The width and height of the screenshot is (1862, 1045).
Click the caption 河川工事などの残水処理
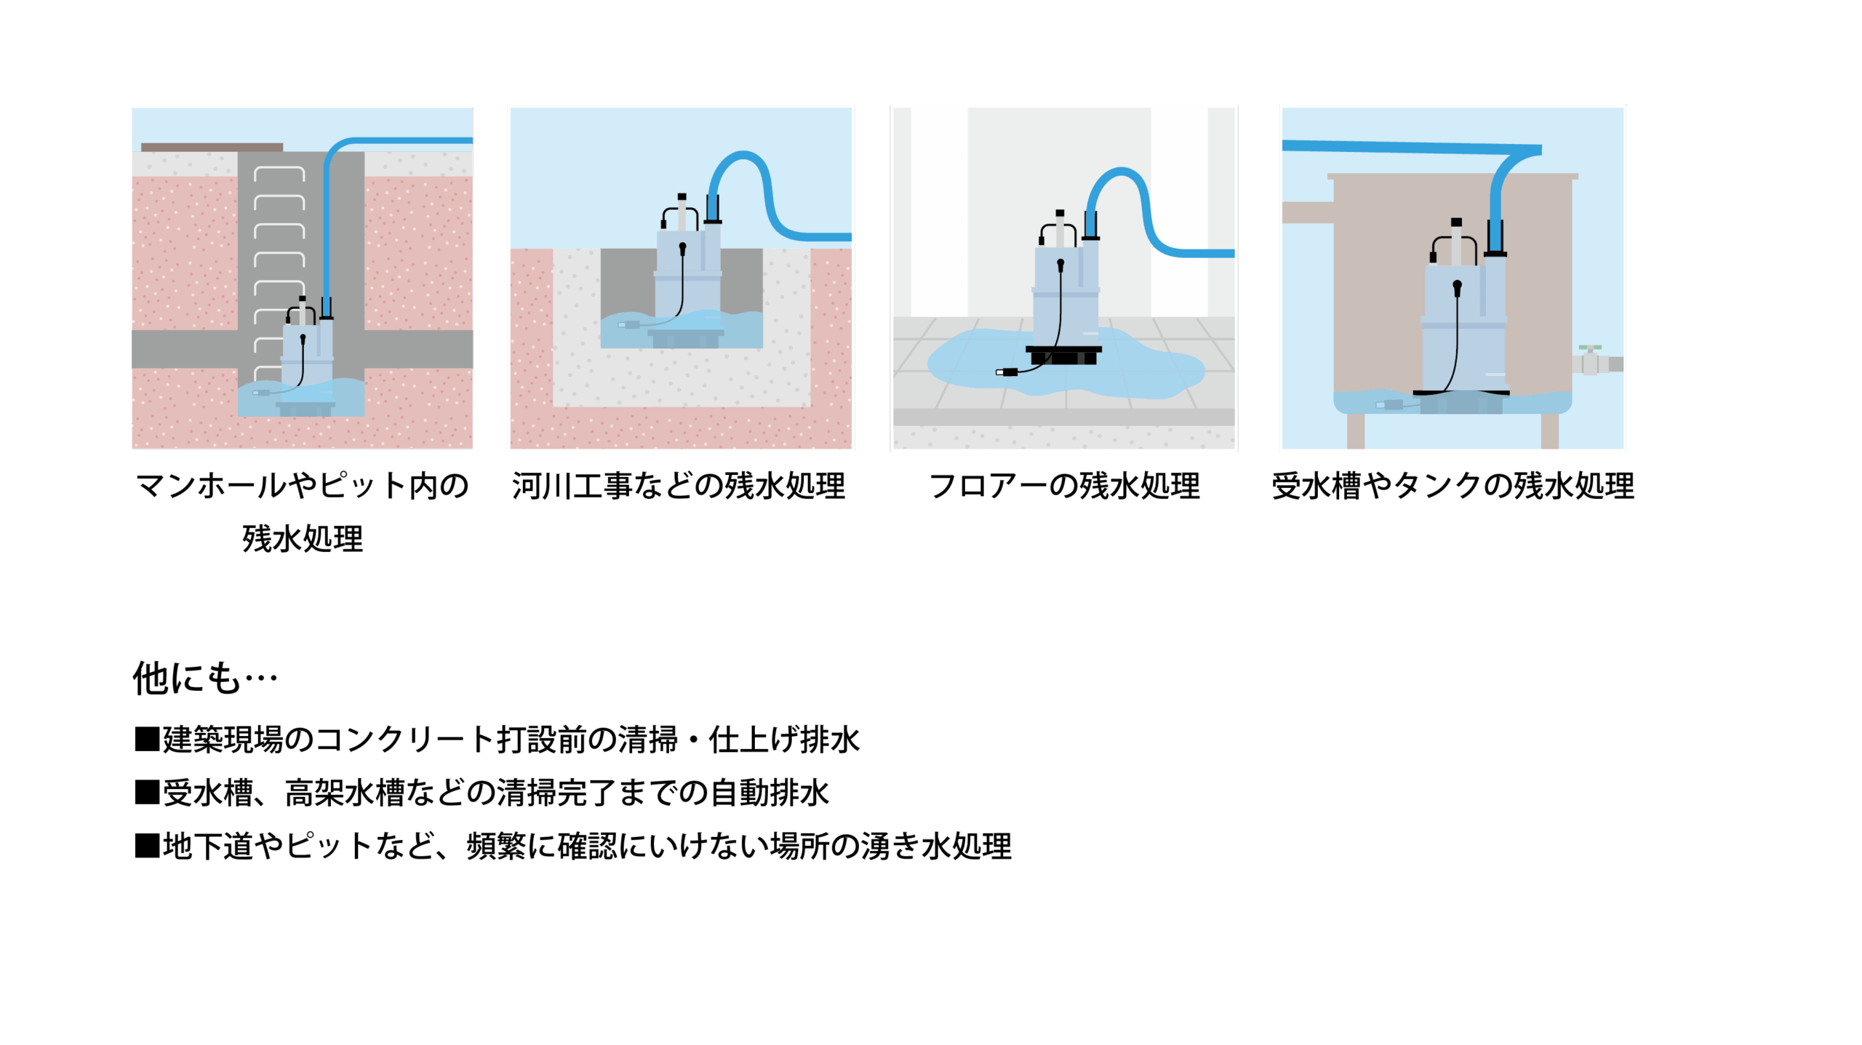coord(678,486)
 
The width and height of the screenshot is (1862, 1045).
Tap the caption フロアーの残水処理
coord(1064,486)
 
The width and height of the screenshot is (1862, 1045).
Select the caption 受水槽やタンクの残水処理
coord(1453,486)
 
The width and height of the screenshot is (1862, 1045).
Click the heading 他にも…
coord(205,678)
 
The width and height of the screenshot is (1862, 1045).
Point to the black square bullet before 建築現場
coord(147,739)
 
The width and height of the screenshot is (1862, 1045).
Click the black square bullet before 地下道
coord(147,846)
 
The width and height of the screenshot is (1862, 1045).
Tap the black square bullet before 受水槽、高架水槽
coord(147,792)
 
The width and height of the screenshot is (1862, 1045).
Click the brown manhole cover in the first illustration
coord(212,147)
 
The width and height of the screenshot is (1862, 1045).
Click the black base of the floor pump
coord(1063,355)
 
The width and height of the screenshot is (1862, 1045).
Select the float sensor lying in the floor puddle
coord(1007,372)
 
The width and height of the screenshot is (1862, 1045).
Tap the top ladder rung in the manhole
coord(279,173)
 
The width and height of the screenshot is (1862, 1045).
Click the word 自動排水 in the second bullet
coord(770,792)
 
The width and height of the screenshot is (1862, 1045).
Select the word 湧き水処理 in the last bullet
coord(936,846)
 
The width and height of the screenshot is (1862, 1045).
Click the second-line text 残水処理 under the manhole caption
coord(303,539)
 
